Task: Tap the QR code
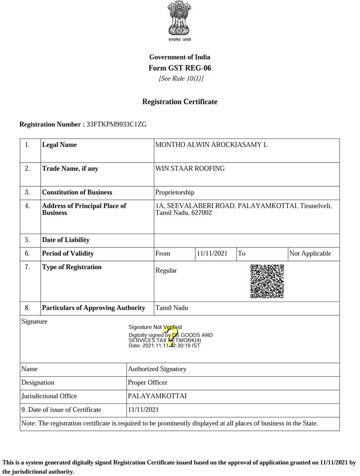click(x=267, y=281)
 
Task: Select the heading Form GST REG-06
click(x=179, y=68)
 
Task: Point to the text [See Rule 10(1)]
click(x=181, y=79)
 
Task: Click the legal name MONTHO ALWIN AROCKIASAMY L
click(x=211, y=145)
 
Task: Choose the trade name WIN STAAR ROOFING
click(x=190, y=169)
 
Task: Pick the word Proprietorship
click(x=175, y=192)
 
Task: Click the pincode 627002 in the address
click(x=201, y=213)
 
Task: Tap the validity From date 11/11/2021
click(x=212, y=254)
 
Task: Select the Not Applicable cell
click(x=311, y=254)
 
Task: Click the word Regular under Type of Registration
click(x=166, y=271)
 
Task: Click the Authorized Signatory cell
click(x=157, y=369)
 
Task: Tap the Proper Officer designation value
click(x=148, y=383)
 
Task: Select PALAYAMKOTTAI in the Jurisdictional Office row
click(x=157, y=396)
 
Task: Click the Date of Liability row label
click(x=66, y=240)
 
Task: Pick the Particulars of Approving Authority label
click(x=93, y=308)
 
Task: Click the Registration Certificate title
click(x=179, y=102)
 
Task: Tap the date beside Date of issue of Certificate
click(x=143, y=410)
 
